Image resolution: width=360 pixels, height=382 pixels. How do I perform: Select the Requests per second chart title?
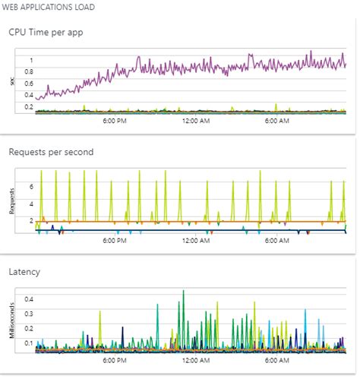coord(51,152)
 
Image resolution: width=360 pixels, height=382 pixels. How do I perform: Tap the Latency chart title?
coord(25,270)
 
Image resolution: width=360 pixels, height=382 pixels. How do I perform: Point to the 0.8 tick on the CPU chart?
coord(28,72)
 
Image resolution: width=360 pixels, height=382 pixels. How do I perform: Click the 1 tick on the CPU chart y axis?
coord(31,60)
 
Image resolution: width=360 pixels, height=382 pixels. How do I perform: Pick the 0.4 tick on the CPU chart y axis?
coord(28,96)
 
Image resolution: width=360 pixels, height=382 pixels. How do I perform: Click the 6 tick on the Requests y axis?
coord(31,185)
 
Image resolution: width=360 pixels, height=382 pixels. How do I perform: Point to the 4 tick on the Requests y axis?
coord(31,204)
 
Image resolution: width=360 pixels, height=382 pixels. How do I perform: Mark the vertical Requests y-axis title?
coord(12,199)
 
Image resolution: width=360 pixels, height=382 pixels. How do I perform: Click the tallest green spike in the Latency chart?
coord(183,292)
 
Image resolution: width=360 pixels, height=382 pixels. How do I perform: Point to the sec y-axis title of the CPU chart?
coord(12,81)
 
